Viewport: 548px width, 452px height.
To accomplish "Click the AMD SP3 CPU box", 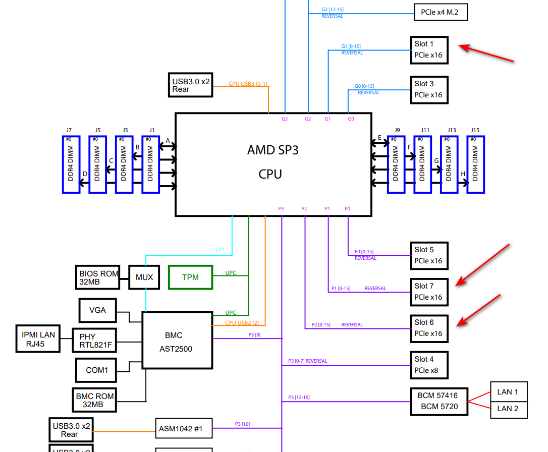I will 273,164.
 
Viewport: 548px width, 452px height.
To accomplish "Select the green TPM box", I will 190,277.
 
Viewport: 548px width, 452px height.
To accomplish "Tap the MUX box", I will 144,277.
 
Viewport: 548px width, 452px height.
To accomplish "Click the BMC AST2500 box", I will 177,340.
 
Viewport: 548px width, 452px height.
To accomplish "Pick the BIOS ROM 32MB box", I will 98,277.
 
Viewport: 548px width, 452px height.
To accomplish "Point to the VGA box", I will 97,310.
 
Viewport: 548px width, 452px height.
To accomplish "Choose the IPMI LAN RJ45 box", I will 38,338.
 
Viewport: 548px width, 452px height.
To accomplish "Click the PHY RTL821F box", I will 94,341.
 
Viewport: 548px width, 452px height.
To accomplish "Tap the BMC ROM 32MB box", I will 94,401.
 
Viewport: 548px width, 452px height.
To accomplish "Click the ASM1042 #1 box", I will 184,428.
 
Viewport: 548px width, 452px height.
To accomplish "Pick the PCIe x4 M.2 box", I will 440,12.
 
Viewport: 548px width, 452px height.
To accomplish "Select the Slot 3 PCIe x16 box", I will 429,90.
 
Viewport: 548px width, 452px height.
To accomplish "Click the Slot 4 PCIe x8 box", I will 429,365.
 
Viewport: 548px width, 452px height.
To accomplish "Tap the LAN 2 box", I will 508,409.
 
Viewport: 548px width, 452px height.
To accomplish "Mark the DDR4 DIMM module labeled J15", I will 475,164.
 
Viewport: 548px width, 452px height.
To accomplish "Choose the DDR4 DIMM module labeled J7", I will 71,164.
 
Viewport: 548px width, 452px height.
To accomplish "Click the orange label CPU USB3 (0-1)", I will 248,84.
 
